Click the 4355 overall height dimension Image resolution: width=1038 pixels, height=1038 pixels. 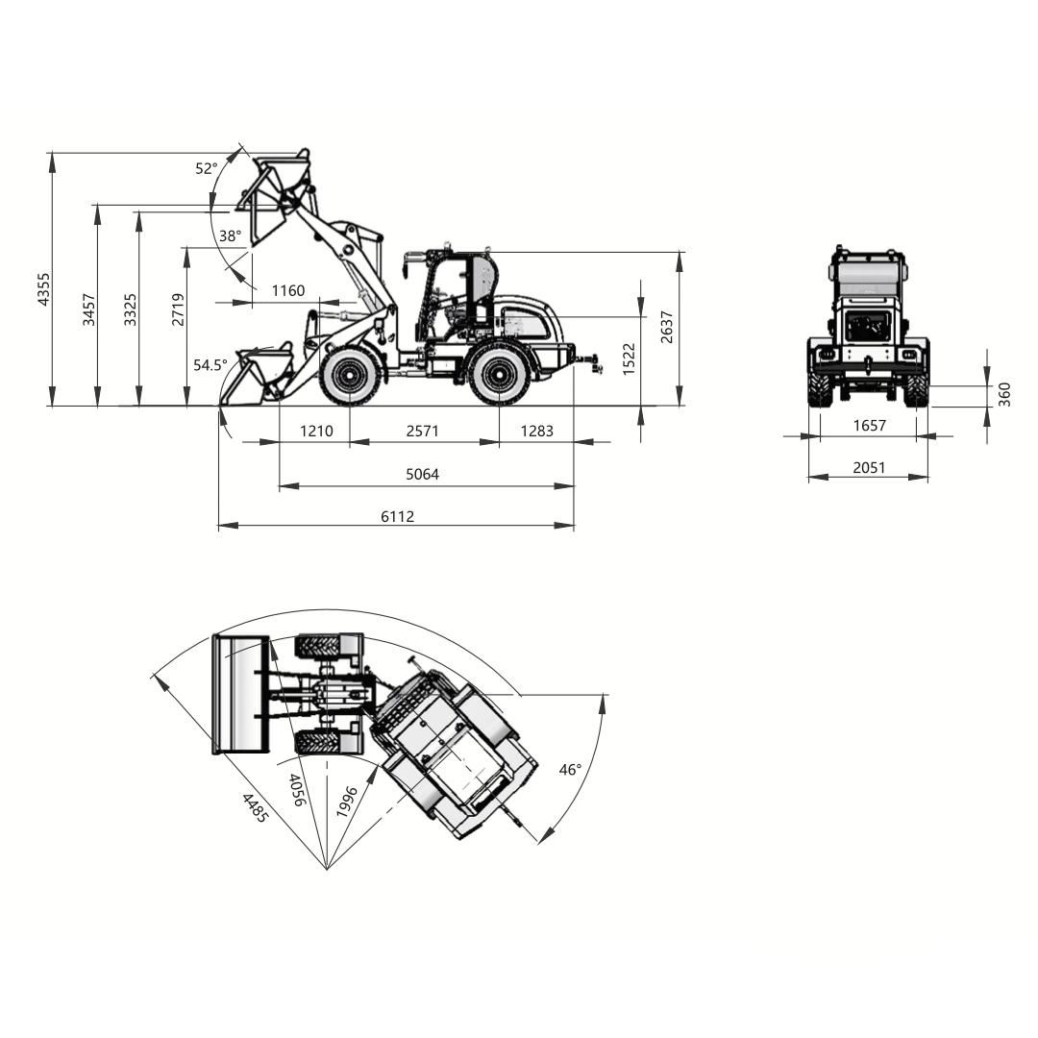tap(43, 288)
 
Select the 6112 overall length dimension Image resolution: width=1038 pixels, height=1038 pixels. tap(397, 516)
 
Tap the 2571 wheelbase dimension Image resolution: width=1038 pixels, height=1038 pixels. tap(422, 431)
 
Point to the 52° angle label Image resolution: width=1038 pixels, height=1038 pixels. tap(206, 169)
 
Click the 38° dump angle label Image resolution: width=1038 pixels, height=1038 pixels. tap(231, 236)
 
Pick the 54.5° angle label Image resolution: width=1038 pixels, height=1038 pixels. tap(210, 365)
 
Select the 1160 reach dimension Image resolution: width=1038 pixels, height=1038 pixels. tap(288, 290)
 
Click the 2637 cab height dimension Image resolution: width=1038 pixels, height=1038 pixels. tap(667, 327)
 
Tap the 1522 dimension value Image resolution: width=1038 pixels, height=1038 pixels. tap(629, 358)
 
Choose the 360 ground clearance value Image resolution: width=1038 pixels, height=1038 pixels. tap(1004, 395)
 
